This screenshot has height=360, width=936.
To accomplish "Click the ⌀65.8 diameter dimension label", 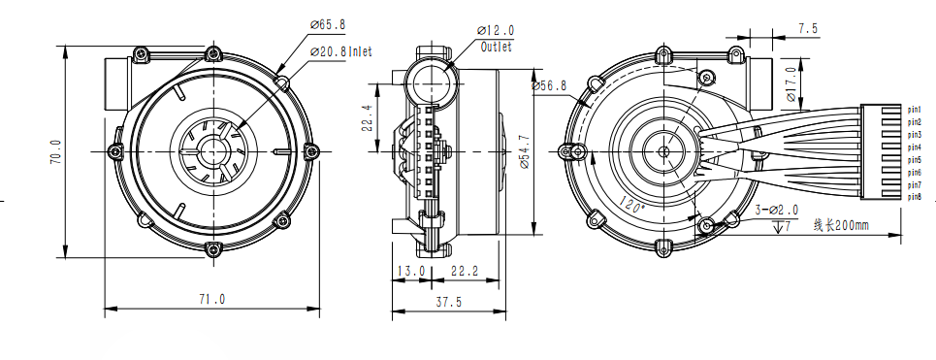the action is click(328, 25).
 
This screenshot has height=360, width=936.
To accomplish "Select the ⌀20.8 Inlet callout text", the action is click(340, 52).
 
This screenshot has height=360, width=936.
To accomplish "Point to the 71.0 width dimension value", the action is click(212, 299).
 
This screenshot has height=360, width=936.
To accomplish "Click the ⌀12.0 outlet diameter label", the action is click(496, 30).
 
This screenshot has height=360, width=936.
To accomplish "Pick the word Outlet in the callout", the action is click(497, 47).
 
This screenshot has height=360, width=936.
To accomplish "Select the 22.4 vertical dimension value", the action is click(367, 117).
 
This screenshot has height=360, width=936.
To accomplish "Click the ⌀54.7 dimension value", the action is click(524, 151).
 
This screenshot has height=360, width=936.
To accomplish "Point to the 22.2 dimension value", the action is click(465, 271).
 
